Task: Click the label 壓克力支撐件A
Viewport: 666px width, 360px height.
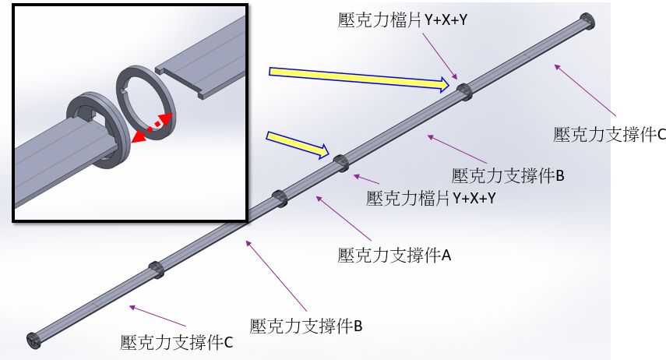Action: [394, 255]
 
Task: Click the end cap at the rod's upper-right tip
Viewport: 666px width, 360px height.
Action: [587, 21]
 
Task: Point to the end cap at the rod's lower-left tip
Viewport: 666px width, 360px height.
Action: [33, 340]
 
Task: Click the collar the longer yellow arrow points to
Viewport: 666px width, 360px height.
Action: [464, 91]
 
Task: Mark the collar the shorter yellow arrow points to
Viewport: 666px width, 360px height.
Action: [341, 162]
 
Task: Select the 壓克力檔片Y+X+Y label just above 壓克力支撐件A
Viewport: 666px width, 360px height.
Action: [431, 198]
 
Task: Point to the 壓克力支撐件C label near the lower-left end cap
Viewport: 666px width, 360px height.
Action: [176, 341]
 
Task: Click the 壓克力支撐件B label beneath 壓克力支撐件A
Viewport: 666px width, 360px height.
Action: [306, 324]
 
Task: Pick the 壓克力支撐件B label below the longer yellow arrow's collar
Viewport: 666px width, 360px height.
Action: [507, 175]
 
